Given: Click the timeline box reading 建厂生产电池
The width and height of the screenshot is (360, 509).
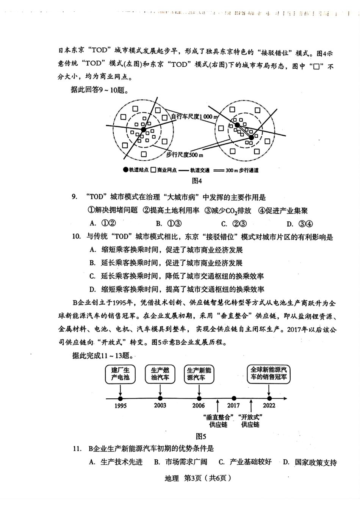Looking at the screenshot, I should click(120, 374).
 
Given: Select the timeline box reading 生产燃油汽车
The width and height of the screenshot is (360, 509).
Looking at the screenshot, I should click(160, 374).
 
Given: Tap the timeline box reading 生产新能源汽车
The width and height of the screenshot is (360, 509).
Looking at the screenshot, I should click(199, 374).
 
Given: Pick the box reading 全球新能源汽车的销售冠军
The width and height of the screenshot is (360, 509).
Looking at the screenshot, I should click(268, 374).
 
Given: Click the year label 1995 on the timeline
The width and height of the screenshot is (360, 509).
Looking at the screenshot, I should click(120, 406).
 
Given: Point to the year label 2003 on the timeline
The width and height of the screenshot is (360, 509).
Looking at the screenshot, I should click(160, 406).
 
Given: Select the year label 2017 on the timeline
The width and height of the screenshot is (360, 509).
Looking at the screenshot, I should click(233, 406).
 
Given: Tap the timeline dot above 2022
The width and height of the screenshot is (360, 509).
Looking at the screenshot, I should click(269, 398).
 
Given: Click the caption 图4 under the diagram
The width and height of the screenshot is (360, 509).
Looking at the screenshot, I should click(197, 181).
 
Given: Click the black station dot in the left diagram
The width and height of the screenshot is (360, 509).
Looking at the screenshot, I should click(143, 130).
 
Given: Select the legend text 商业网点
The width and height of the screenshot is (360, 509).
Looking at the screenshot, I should click(167, 170).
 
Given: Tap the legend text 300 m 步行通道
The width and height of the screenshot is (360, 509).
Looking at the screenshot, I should click(242, 170).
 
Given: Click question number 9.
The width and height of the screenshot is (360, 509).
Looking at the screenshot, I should click(74, 197).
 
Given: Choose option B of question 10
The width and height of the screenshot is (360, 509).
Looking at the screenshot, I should click(167, 263).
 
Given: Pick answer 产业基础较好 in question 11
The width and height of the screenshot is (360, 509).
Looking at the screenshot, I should click(245, 462).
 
